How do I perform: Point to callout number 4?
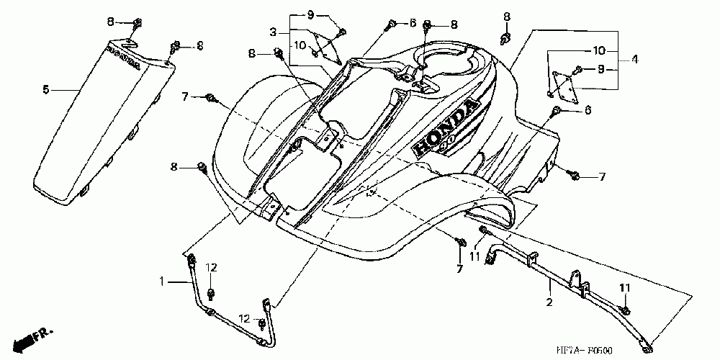(x=635, y=60)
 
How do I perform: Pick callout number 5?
(x=45, y=90)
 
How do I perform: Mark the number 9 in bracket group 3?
(x=310, y=15)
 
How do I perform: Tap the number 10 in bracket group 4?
(x=599, y=50)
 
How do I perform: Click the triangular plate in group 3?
(x=329, y=46)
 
